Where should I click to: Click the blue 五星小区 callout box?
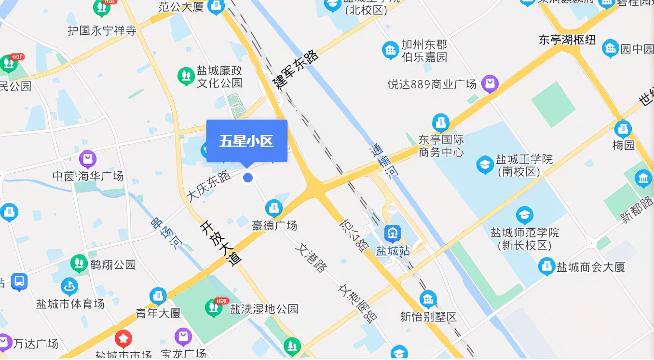coord(247,141)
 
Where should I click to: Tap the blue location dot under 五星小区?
coord(248,178)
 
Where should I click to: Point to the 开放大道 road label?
coord(220,243)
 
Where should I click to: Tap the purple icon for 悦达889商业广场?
coord(490,84)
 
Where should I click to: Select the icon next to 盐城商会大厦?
coord(546,266)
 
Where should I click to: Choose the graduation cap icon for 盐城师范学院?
coord(524,215)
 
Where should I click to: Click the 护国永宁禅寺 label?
coord(102,31)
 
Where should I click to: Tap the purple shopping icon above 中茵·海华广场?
coord(88,159)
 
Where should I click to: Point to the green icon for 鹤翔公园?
coord(79,263)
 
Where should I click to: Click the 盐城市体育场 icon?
coord(69,287)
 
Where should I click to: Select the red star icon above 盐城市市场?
coord(123,339)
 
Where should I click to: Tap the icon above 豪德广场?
coord(274,208)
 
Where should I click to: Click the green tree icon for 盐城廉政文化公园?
coord(186,76)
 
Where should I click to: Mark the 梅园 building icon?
coord(623,129)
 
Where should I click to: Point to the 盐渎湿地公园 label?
coord(264,309)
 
